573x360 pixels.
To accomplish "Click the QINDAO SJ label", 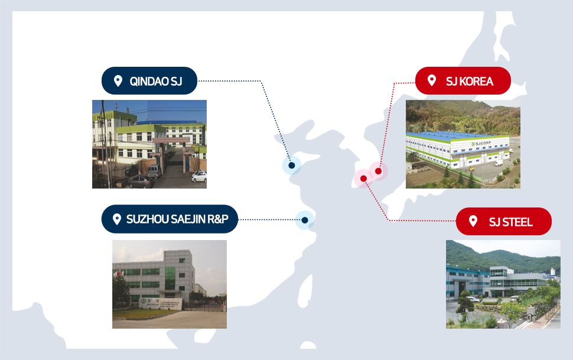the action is [x=149, y=81].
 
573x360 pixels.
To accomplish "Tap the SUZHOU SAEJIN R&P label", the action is [x=170, y=219].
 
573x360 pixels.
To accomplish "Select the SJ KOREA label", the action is [x=463, y=81].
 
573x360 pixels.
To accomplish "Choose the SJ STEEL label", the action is [x=503, y=221].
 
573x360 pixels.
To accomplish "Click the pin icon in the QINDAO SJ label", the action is [x=118, y=81].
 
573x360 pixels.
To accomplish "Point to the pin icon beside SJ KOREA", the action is [x=432, y=80].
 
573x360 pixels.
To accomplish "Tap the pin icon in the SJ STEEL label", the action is [x=473, y=221].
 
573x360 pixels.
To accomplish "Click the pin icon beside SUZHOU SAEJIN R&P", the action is [x=116, y=219].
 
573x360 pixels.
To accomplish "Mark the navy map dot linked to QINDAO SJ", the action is [x=292, y=166].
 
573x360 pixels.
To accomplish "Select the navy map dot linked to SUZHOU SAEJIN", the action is [x=305, y=220].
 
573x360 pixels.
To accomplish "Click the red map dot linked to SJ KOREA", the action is [x=378, y=171].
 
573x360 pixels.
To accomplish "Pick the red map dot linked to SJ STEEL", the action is [x=363, y=179].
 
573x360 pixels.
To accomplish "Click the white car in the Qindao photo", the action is [x=199, y=177].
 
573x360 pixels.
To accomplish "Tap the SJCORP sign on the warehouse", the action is [x=481, y=144].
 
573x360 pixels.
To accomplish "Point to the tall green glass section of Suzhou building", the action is [x=170, y=278].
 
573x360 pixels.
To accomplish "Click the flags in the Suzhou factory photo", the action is [x=118, y=273].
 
